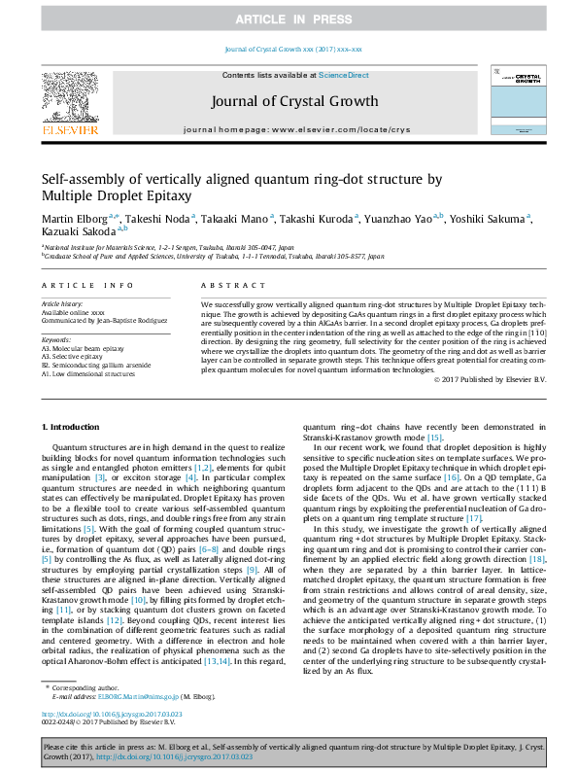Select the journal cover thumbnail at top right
tap(517, 100)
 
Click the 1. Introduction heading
tap(70, 428)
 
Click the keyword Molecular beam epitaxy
tap(84, 349)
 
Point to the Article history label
tap(62, 303)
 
